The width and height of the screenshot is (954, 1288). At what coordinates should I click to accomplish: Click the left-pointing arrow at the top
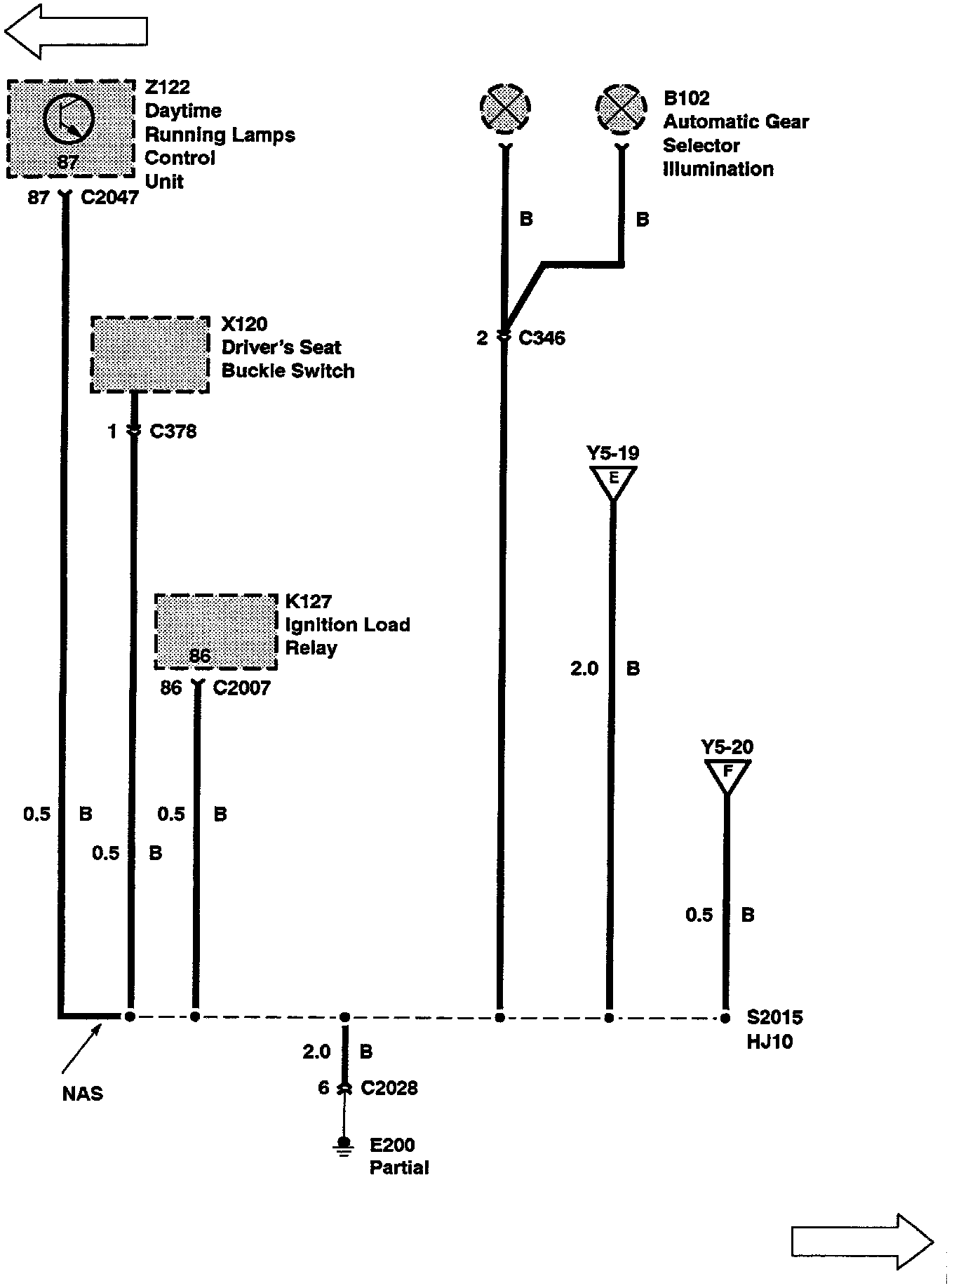coord(75,32)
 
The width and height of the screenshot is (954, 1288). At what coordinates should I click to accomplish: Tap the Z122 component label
coord(168,88)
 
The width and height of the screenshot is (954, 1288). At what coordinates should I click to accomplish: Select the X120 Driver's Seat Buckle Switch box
coord(150,354)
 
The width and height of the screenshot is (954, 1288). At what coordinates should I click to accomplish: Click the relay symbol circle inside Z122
coord(68,118)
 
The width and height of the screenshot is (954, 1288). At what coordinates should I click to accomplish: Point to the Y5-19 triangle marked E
coord(614,481)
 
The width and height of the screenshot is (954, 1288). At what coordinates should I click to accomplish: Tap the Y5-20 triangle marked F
coord(727,774)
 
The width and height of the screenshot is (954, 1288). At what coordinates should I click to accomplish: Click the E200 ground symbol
coord(344,1147)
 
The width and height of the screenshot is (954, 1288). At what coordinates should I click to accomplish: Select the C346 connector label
coord(542,338)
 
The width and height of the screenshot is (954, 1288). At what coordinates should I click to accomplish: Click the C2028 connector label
coord(389,1088)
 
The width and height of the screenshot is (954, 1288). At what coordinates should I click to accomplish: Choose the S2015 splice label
coord(774,1017)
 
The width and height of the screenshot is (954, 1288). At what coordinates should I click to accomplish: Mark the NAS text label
coord(83,1094)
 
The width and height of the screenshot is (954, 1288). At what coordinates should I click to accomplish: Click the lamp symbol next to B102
coord(620,109)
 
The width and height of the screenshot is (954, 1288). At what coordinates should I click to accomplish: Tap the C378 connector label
coord(173,431)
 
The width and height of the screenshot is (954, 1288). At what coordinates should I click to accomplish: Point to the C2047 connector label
coord(109,198)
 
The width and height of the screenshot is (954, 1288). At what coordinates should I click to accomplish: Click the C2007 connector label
coord(241,688)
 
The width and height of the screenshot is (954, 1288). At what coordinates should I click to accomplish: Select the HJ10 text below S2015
coord(769,1042)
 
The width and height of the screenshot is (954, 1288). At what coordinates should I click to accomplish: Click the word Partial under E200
coord(399,1168)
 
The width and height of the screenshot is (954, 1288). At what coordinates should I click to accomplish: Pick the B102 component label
coord(687,98)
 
